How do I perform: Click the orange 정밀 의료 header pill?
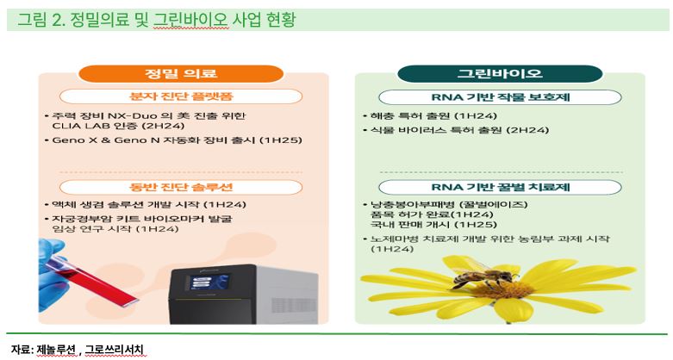181,74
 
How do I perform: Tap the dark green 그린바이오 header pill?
500,74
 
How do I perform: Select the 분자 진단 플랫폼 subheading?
181,96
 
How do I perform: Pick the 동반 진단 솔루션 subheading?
181,187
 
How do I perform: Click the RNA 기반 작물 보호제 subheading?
500,97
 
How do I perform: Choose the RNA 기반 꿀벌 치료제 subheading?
500,187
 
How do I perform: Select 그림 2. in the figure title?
41,20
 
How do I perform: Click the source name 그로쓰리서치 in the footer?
114,350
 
